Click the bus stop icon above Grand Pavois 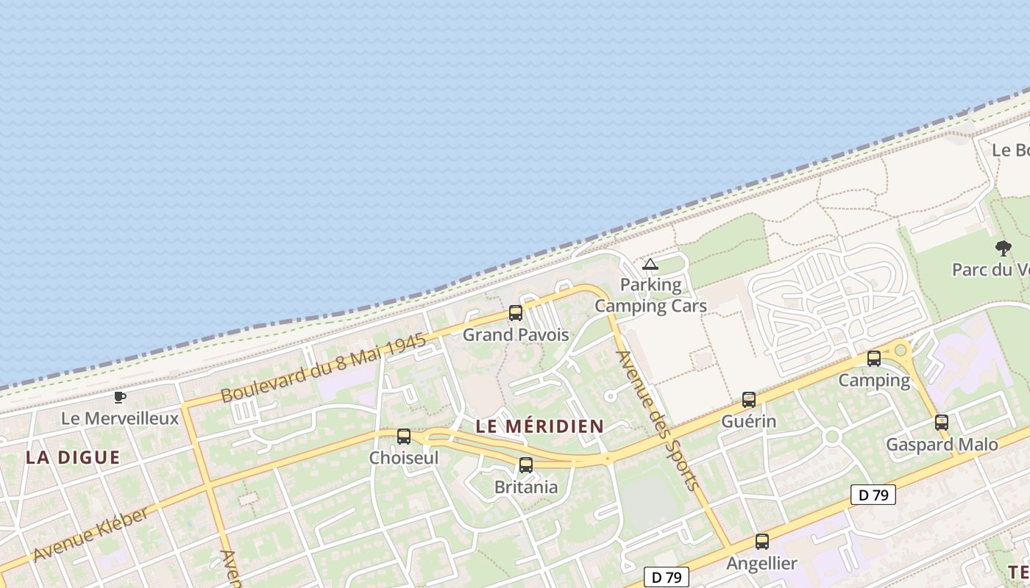tap(516, 313)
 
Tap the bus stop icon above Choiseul tap(404, 437)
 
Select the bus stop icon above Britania tap(526, 465)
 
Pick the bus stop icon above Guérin tap(749, 400)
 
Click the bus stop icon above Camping tap(874, 359)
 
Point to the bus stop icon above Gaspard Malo tap(942, 423)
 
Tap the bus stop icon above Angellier tap(762, 542)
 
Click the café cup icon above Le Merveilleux tap(120, 398)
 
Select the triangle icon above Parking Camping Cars tap(650, 264)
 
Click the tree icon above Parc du tap(1003, 248)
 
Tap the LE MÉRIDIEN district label tap(539, 426)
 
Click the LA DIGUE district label tap(73, 457)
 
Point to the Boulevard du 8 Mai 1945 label tap(324, 369)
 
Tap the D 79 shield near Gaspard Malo tap(873, 495)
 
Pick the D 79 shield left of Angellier tap(666, 578)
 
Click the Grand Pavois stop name tap(516, 335)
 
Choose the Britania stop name tap(526, 487)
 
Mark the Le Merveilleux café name tap(120, 419)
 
